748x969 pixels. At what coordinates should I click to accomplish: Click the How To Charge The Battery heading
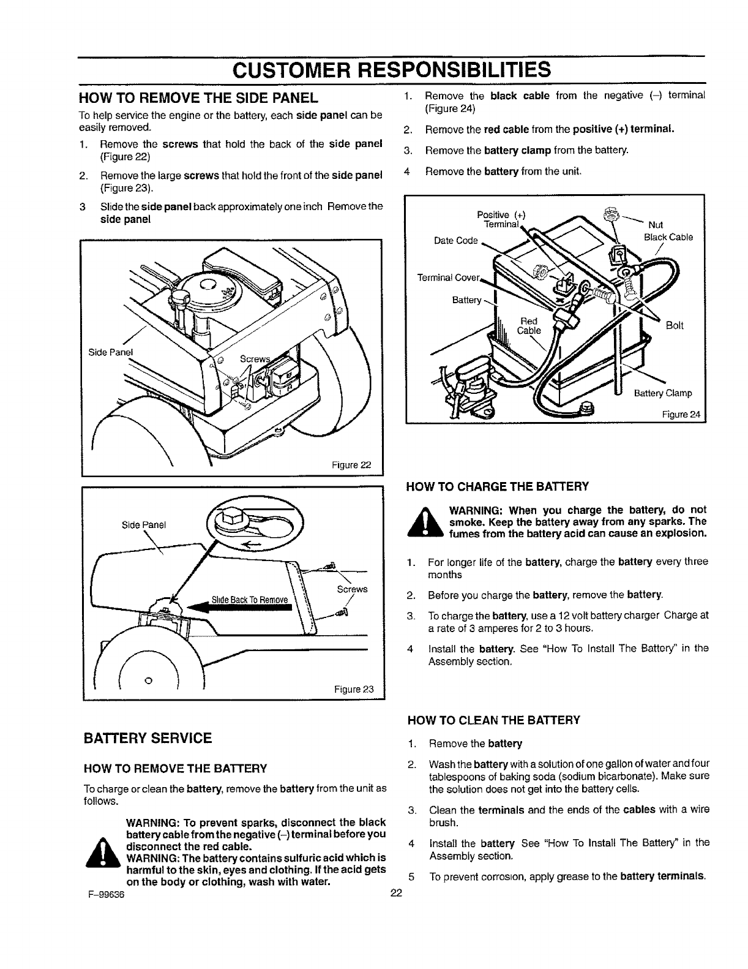[498, 487]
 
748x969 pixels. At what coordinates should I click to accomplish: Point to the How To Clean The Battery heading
[493, 720]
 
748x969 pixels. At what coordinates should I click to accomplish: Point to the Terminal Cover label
[448, 278]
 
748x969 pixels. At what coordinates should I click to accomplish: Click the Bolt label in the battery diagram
[674, 325]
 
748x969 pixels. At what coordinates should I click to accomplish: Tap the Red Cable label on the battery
[529, 326]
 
